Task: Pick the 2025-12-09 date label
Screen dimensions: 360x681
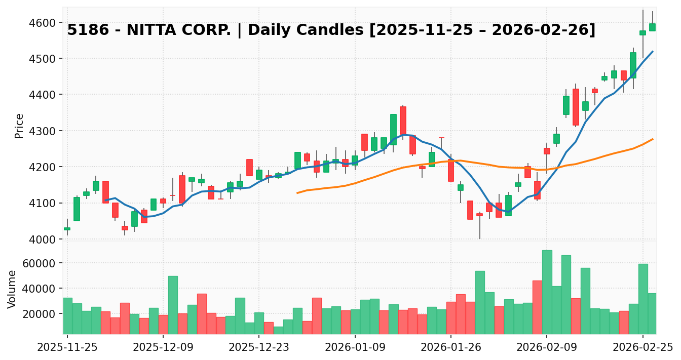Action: [163, 347]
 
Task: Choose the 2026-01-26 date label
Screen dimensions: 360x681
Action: [451, 347]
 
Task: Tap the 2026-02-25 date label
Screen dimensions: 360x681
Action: [642, 347]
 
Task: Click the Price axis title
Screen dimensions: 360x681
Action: [19, 126]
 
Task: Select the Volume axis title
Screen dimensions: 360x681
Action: [12, 289]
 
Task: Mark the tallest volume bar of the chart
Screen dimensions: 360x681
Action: [547, 292]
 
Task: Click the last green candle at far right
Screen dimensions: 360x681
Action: [652, 27]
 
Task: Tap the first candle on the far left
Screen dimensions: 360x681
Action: [67, 229]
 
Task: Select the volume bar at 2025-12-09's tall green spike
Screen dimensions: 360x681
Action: [173, 304]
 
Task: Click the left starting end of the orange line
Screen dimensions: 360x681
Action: [297, 193]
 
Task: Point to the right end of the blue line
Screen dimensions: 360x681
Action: [652, 51]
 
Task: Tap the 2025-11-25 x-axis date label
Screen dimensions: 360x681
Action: [67, 347]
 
